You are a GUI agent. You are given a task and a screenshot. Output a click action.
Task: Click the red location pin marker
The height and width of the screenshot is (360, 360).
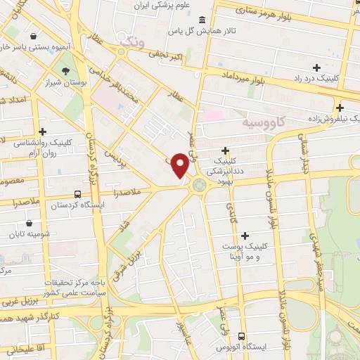(181, 166)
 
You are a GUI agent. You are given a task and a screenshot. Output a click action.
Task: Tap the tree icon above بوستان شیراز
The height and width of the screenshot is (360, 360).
(65, 71)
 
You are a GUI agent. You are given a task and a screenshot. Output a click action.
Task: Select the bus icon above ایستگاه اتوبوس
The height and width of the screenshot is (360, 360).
(242, 336)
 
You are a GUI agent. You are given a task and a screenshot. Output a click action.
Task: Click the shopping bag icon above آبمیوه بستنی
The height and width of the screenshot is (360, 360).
(33, 34)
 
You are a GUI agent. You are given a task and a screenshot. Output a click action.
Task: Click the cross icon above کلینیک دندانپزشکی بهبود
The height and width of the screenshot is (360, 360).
(225, 150)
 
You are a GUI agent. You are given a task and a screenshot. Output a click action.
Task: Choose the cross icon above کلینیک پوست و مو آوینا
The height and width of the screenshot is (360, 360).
(245, 236)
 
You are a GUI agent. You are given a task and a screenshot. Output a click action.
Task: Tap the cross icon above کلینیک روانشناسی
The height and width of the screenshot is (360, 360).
(43, 131)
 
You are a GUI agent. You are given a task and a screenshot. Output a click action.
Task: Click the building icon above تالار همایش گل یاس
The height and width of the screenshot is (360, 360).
(202, 20)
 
